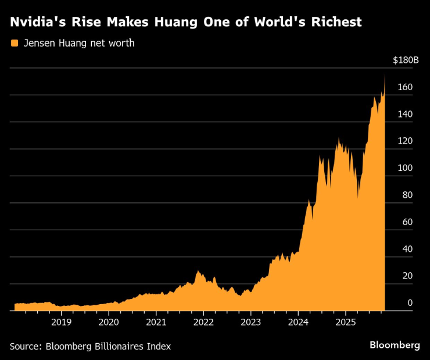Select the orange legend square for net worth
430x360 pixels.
14,43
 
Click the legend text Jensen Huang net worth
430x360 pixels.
78,43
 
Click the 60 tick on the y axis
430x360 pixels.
407,222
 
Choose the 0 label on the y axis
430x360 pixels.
410,302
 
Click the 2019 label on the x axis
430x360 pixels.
62,322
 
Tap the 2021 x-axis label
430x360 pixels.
156,322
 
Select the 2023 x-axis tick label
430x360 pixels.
250,322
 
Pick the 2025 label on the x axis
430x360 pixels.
345,322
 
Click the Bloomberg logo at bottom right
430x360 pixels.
395,345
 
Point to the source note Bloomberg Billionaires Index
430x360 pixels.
91,346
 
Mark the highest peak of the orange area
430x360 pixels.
384,76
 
